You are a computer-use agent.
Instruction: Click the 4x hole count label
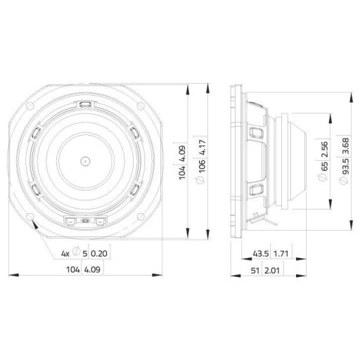64,252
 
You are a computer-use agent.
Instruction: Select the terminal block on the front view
84,221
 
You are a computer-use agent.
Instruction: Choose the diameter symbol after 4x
75,252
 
